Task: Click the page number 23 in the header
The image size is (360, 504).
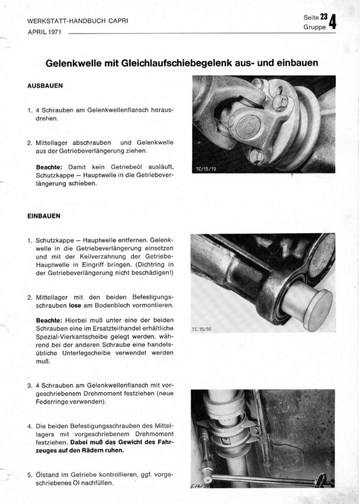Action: click(x=324, y=18)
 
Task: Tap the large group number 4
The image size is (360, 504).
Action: click(x=334, y=23)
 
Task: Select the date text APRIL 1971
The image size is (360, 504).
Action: click(x=45, y=32)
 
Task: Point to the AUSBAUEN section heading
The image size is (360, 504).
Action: click(x=45, y=87)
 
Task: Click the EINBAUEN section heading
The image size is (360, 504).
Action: click(x=44, y=215)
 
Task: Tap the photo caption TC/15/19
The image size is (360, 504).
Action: click(x=207, y=167)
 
